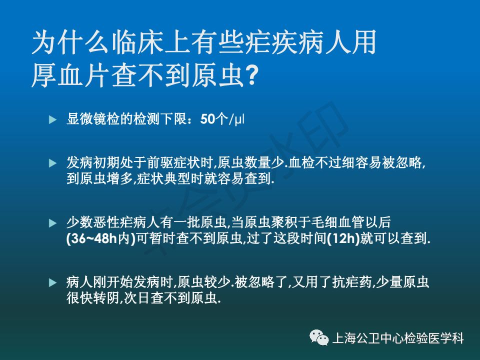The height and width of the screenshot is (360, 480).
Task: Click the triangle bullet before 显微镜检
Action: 52,119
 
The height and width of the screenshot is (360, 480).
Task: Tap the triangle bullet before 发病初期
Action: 52,163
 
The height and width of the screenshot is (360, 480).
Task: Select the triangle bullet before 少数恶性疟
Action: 52,223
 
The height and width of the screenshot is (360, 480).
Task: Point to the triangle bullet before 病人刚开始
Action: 52,282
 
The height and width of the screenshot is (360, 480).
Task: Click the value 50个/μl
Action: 222,119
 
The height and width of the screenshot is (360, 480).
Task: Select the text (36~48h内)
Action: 101,238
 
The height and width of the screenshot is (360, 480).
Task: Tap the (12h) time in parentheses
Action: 343,238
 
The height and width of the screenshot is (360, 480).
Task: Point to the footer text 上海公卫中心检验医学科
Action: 398,338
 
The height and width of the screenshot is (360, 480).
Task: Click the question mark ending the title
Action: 251,75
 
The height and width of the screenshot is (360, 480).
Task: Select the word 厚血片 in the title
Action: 71,75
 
